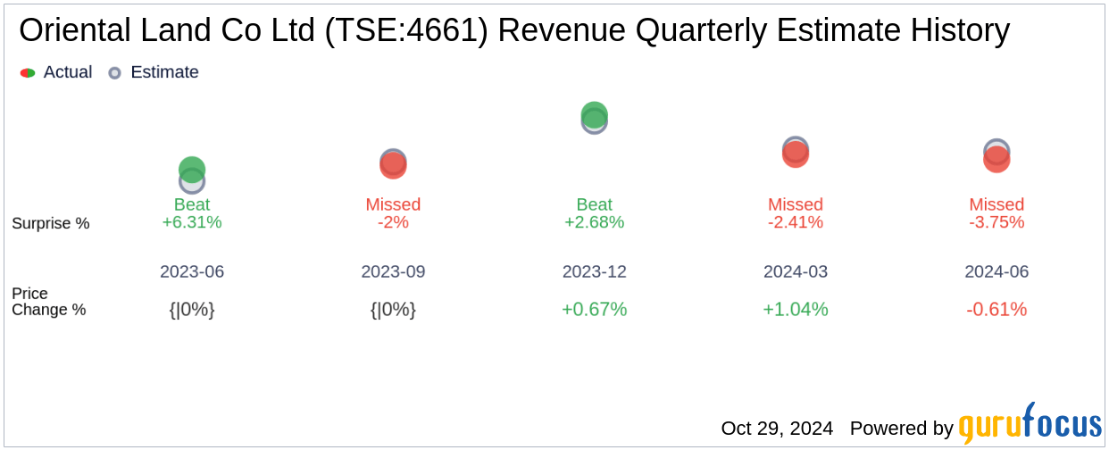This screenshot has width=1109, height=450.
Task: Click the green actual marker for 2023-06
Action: click(x=192, y=168)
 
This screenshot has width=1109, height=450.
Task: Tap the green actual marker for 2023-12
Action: click(x=594, y=113)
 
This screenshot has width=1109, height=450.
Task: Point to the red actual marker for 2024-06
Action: click(x=996, y=160)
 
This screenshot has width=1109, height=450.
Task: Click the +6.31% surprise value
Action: click(x=192, y=222)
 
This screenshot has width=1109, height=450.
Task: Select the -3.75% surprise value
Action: click(x=996, y=222)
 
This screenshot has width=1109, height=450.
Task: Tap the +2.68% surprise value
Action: click(x=594, y=222)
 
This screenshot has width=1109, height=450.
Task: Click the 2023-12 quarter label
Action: click(x=594, y=271)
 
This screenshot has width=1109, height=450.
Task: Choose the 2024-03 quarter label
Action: click(x=796, y=271)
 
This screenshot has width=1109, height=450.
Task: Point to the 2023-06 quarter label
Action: click(x=192, y=271)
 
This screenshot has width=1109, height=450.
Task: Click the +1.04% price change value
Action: click(x=796, y=310)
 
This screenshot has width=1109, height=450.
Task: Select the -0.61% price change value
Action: click(x=996, y=310)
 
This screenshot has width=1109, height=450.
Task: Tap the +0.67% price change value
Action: click(x=594, y=310)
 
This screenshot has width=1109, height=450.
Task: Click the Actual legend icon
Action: click(x=28, y=73)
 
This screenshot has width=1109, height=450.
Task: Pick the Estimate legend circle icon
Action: click(x=114, y=73)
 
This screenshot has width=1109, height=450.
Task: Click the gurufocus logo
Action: click(x=1030, y=424)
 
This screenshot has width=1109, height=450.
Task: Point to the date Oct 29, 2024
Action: click(x=777, y=429)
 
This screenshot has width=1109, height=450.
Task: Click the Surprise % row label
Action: click(x=51, y=223)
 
